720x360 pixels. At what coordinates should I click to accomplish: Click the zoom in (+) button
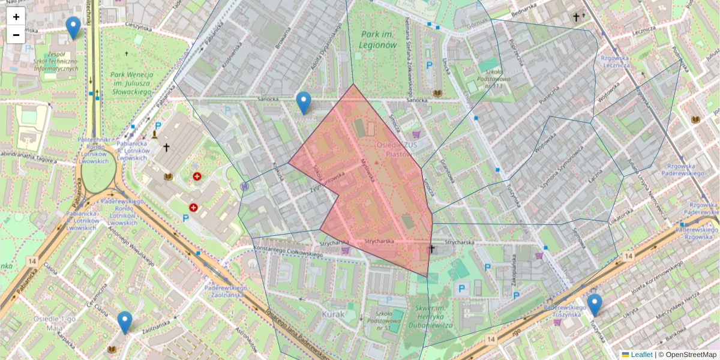click(16, 17)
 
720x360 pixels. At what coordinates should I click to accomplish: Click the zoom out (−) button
click(16, 35)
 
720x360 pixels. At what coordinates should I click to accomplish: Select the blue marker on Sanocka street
click(304, 103)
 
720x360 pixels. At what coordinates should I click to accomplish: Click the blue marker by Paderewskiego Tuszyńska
click(595, 305)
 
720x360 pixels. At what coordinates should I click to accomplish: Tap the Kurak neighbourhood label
click(333, 314)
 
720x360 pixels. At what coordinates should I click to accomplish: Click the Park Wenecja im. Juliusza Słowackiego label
click(132, 83)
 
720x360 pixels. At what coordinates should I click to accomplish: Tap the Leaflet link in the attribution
click(641, 355)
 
